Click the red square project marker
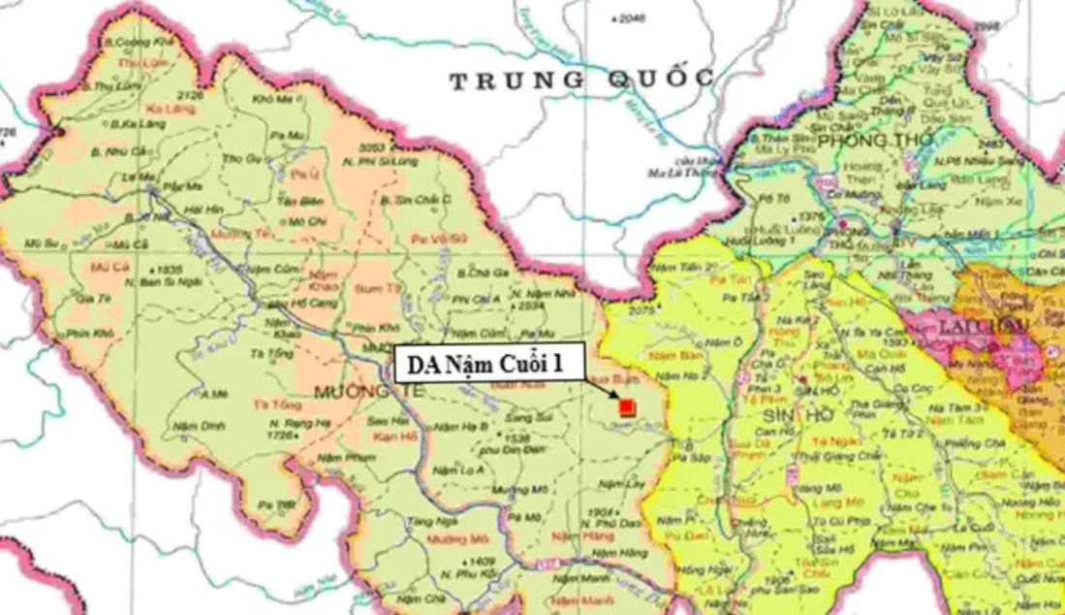click(x=626, y=407)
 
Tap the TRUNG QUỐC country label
click(x=582, y=80)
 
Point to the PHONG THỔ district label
click(x=875, y=141)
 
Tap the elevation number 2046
click(x=631, y=18)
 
